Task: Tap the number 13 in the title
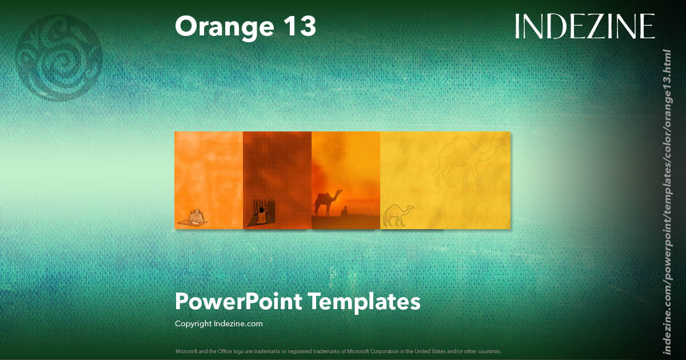point(298,27)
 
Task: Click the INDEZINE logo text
point(585,26)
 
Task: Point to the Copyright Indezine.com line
point(218,323)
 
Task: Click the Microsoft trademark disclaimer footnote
point(337,351)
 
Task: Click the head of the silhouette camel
point(340,193)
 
